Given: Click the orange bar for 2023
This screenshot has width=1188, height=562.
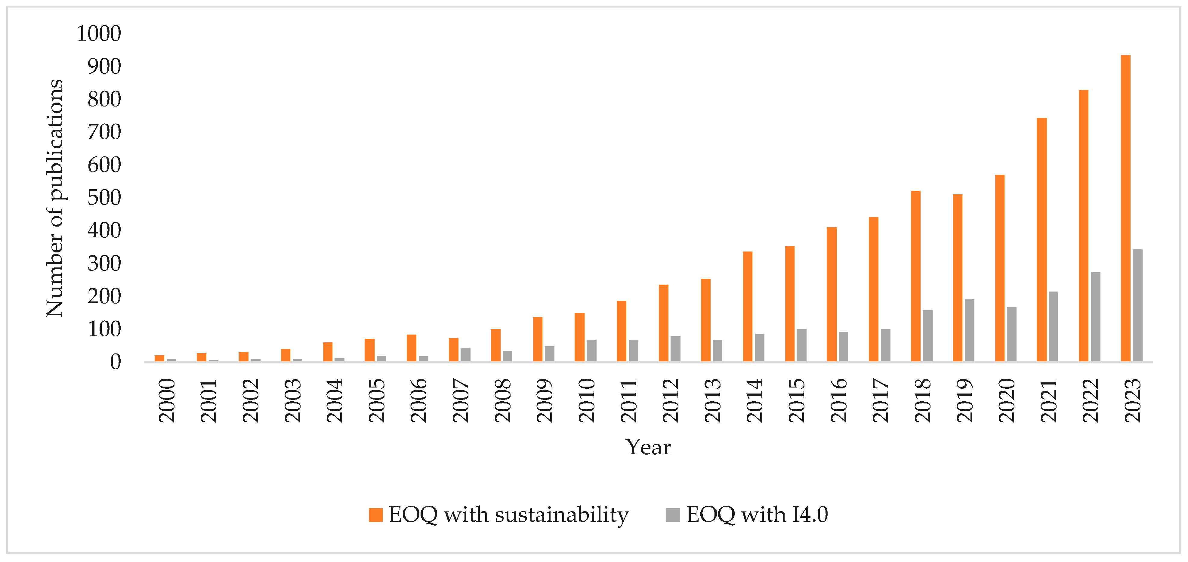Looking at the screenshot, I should [1125, 208].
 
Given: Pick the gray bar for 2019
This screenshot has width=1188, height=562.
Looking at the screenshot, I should [969, 330].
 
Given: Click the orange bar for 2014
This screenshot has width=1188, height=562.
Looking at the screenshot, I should [748, 306].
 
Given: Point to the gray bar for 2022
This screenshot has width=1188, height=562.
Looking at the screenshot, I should [1095, 317].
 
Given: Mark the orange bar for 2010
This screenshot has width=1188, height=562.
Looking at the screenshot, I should [579, 337].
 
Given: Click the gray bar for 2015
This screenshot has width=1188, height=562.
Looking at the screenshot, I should [801, 345].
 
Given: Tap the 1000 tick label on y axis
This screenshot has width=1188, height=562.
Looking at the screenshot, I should [99, 34].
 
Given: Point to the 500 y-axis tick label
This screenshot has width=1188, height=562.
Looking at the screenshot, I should [104, 198].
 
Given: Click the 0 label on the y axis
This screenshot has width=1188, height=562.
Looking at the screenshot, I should [115, 362].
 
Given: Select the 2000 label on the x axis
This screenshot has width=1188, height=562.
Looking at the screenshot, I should [167, 400].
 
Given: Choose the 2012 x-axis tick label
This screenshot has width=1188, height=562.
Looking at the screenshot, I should [671, 400].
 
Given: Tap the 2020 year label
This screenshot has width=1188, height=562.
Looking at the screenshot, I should [1007, 400].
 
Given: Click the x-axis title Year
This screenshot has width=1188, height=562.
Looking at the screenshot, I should [648, 447].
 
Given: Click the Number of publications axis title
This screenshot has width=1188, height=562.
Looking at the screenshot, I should [54, 198].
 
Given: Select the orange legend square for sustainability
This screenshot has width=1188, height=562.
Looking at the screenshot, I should [375, 514].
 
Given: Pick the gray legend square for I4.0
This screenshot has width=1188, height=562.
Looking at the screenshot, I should [673, 514].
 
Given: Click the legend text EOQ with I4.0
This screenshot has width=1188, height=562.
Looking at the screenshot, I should [757, 514].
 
